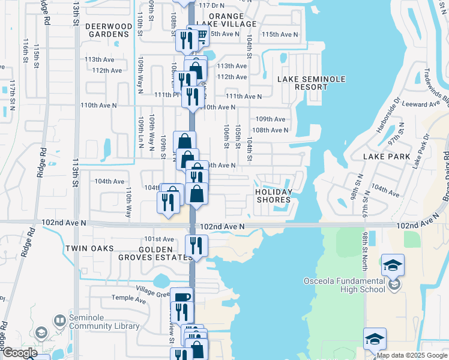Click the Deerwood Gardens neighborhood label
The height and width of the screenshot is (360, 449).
coord(107,30)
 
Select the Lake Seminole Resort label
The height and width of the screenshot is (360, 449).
coord(303,83)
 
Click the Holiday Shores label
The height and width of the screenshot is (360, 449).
coord(273,196)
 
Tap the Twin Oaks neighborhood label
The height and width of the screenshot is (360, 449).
coord(89,248)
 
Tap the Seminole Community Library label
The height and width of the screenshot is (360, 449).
coord(104,322)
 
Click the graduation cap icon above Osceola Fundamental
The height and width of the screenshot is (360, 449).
coord(393,265)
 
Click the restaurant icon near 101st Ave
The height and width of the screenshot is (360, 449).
coord(196,245)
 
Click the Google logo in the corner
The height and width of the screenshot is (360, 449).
coord(20,353)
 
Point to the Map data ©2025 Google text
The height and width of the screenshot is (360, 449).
coord(411,355)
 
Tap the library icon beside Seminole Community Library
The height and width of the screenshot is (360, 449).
coord(59,321)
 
